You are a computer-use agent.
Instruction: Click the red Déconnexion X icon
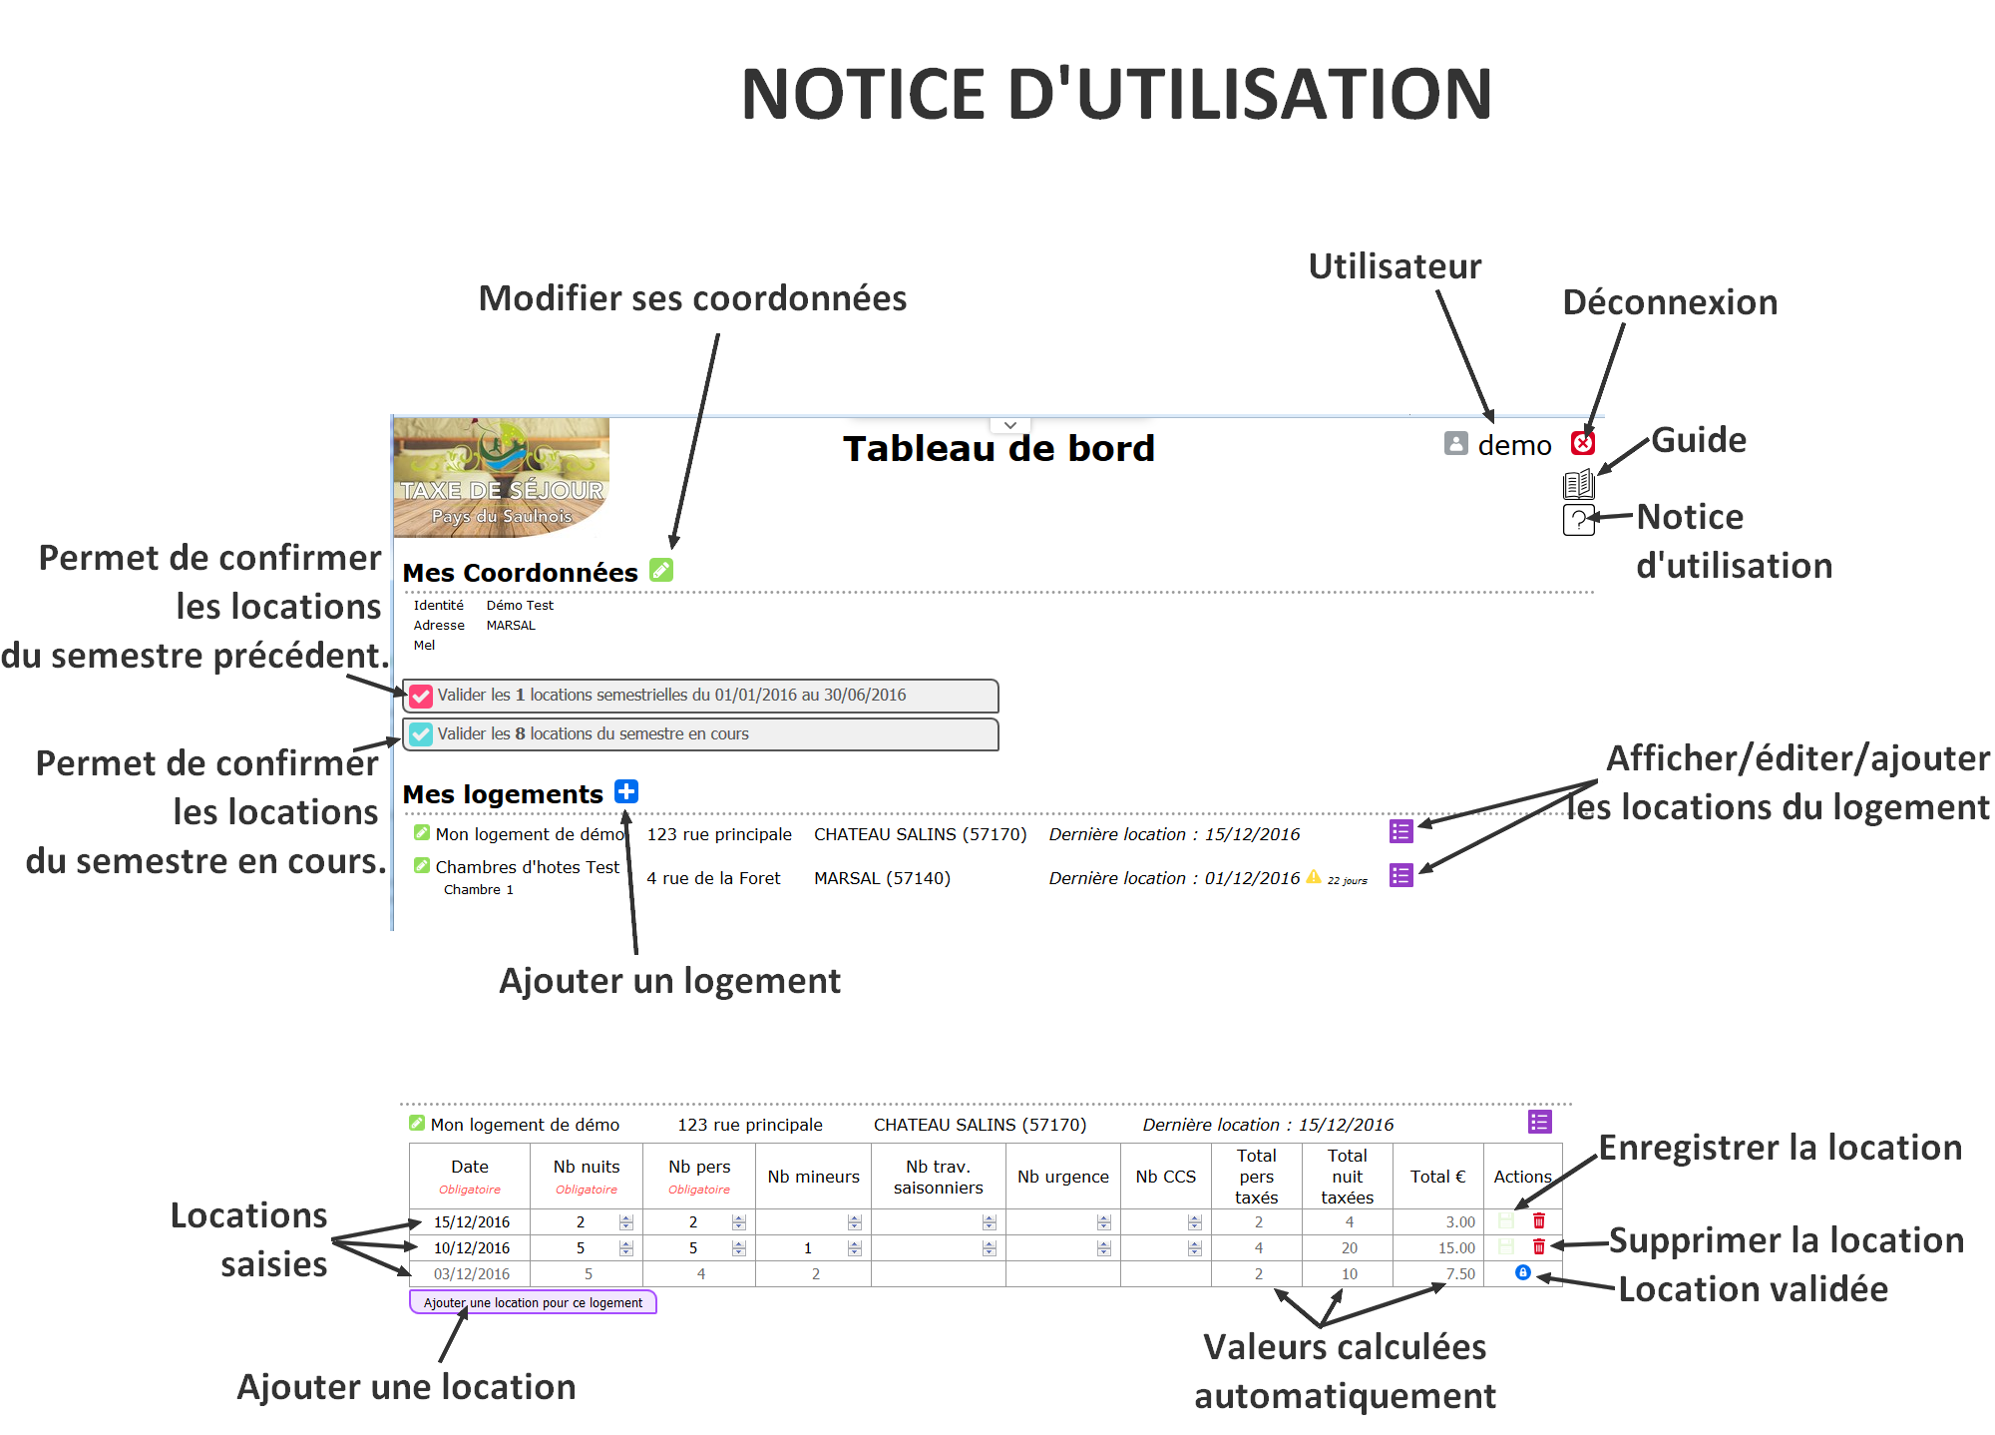point(1582,443)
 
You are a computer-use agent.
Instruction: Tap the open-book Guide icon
point(1578,485)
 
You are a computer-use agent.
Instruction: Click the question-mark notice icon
point(1578,520)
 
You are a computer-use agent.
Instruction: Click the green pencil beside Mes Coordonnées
point(661,570)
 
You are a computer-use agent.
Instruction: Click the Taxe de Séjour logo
point(502,477)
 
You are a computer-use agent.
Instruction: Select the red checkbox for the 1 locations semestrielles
point(421,696)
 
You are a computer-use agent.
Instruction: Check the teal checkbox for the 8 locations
point(421,734)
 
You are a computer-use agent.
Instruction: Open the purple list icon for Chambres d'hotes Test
point(1401,875)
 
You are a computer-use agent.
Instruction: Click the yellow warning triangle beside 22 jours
point(1314,876)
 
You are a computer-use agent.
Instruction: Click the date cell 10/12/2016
point(472,1248)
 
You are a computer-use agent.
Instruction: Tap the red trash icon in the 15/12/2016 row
point(1539,1220)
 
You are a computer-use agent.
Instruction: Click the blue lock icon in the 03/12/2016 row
point(1523,1272)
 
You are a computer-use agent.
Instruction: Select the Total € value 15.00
point(1456,1248)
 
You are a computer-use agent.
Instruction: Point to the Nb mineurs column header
point(813,1177)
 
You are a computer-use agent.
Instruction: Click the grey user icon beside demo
point(1456,443)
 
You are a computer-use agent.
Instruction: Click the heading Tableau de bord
point(998,449)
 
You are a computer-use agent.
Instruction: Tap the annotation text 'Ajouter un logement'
point(669,982)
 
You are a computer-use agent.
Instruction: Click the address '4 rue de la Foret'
point(713,878)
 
